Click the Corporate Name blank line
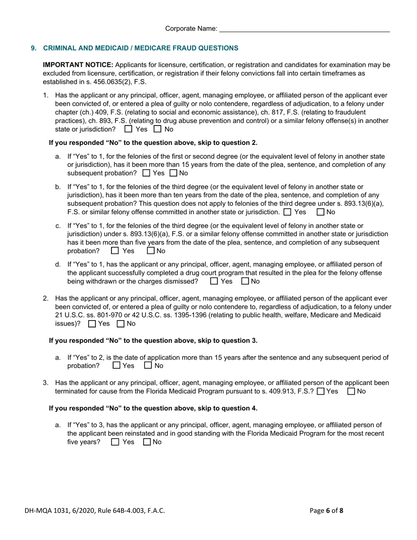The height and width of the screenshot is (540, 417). (x=304, y=29)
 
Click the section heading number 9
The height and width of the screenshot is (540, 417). (x=33, y=48)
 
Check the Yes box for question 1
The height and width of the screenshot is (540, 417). (x=128, y=130)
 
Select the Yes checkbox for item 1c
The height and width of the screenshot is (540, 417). (x=115, y=251)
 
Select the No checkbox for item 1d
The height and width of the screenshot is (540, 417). (x=245, y=281)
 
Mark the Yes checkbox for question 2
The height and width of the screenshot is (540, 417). (x=92, y=324)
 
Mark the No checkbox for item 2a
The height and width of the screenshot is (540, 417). (x=148, y=365)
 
